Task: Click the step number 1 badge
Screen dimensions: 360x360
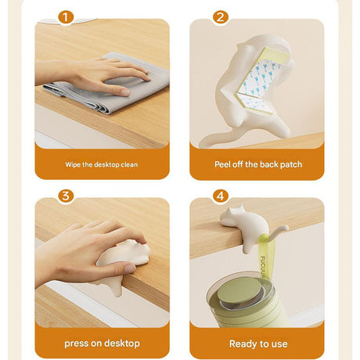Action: [x=65, y=17]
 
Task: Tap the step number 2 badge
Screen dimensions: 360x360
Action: [x=221, y=17]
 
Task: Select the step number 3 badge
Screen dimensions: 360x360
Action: [x=65, y=196]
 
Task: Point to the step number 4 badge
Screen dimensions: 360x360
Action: [x=221, y=196]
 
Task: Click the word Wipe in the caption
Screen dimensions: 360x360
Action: [x=73, y=165]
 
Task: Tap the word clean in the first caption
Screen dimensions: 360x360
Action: [x=129, y=165]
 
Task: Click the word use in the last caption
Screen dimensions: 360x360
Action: [x=279, y=344]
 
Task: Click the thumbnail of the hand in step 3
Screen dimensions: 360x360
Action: [x=130, y=268]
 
